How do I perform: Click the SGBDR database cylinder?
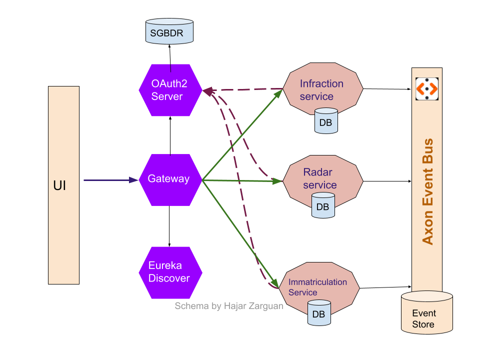pos(169,31)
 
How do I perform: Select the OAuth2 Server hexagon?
pos(170,90)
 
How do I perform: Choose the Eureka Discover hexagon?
pos(170,272)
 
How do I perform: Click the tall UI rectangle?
pos(63,185)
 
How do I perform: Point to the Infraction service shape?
pos(322,87)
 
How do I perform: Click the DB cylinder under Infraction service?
pos(326,121)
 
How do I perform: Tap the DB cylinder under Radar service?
pos(323,205)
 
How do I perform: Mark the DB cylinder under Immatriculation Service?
pos(319,313)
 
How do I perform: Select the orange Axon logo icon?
pos(427,89)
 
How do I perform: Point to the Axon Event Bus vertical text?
pos(427,192)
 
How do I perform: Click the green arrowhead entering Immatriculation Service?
pos(275,280)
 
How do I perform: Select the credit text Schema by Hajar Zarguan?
pos(228,306)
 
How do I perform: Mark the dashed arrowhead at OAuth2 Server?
pos(207,90)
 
